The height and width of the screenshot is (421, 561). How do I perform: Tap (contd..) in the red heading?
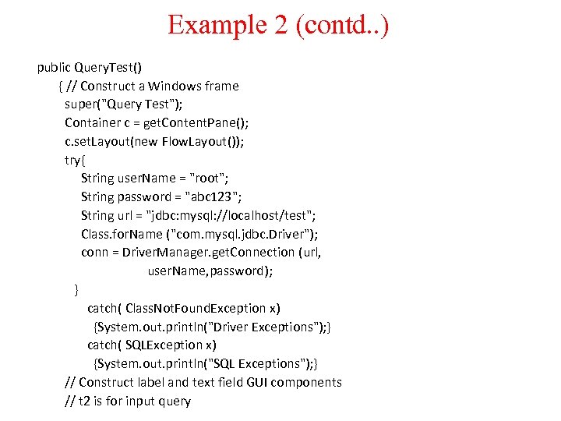[342, 25]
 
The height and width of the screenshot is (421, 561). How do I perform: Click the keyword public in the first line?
[54, 68]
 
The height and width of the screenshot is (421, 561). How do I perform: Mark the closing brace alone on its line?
[76, 290]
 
